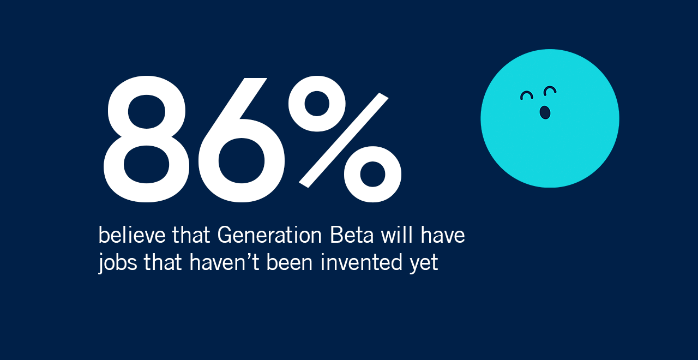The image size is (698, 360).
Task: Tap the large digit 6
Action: pos(240,139)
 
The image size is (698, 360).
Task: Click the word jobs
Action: pos(118,263)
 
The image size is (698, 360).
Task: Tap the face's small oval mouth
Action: pos(545,112)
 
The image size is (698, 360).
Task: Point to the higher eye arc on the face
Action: pos(550,90)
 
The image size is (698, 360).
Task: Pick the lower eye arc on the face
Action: pos(526,96)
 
